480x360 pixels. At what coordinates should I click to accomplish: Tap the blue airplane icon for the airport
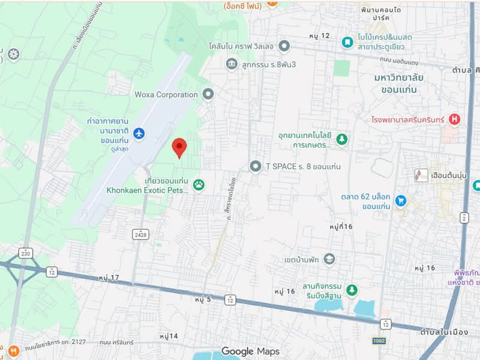point(139,133)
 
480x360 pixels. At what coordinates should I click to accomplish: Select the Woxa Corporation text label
point(166,94)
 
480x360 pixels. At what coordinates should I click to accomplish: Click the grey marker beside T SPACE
point(256,166)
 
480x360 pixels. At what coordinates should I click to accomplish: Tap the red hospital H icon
point(454,119)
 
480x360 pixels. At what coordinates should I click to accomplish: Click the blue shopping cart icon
point(401,200)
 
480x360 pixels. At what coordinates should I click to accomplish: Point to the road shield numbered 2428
point(142,233)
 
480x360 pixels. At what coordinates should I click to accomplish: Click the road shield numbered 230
point(25,252)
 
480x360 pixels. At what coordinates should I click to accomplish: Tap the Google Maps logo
point(250,351)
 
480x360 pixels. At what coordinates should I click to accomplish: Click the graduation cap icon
point(329,259)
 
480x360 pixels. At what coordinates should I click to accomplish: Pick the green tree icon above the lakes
point(351,290)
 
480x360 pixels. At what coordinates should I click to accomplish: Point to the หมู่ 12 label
point(320,36)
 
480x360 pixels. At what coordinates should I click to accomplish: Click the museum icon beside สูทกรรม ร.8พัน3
point(232,64)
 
